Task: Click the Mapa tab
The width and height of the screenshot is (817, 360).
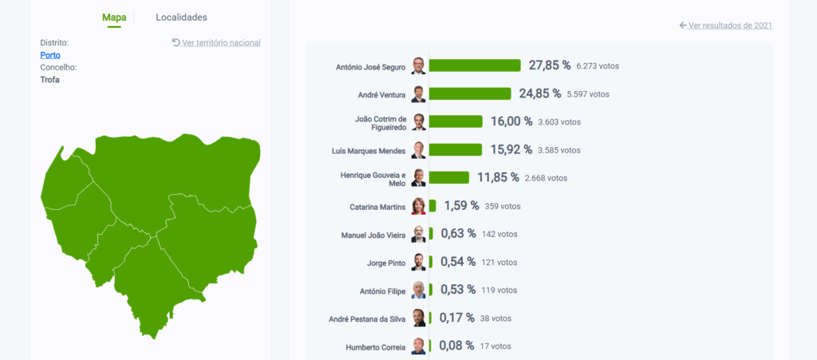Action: pyautogui.click(x=114, y=17)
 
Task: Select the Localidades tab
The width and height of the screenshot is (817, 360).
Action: pyautogui.click(x=181, y=17)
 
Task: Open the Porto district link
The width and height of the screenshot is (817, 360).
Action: pyautogui.click(x=50, y=55)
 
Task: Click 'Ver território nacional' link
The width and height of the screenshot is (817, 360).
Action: pyautogui.click(x=216, y=42)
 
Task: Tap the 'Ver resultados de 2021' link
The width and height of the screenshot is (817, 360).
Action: pyautogui.click(x=725, y=26)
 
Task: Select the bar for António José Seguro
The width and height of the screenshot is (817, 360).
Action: pyautogui.click(x=475, y=65)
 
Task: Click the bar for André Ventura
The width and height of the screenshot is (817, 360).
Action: pyautogui.click(x=470, y=94)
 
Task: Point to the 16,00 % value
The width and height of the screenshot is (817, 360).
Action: pyautogui.click(x=511, y=121)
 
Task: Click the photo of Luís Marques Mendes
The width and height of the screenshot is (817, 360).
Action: pyautogui.click(x=419, y=150)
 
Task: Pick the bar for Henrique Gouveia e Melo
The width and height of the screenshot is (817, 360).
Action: pyautogui.click(x=449, y=177)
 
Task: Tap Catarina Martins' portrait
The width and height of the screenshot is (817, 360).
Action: pyautogui.click(x=419, y=206)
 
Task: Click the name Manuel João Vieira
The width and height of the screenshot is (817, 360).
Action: pyautogui.click(x=373, y=235)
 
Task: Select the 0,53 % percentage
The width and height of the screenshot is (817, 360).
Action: pyautogui.click(x=458, y=289)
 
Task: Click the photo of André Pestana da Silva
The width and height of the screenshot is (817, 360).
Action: pyautogui.click(x=419, y=318)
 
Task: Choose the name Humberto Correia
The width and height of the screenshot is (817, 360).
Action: pyautogui.click(x=375, y=347)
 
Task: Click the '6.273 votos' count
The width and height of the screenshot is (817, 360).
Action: pyautogui.click(x=598, y=65)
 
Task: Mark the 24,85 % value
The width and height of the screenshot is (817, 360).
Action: pyautogui.click(x=540, y=93)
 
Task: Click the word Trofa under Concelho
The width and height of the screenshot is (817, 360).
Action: pyautogui.click(x=50, y=80)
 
